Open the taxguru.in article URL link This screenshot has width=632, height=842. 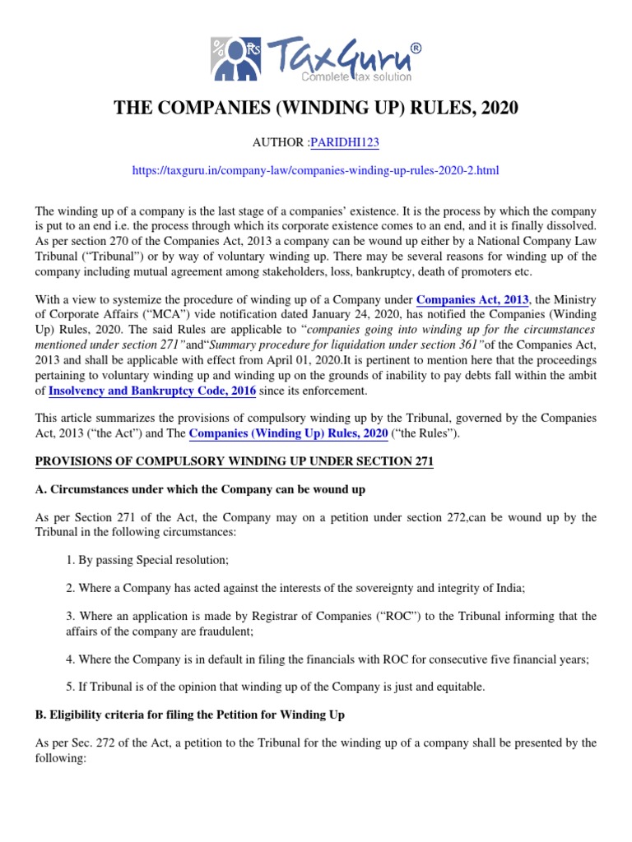coord(315,170)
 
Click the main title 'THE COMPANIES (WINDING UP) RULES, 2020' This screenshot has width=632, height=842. coord(315,109)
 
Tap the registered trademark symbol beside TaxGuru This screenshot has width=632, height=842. coord(415,49)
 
